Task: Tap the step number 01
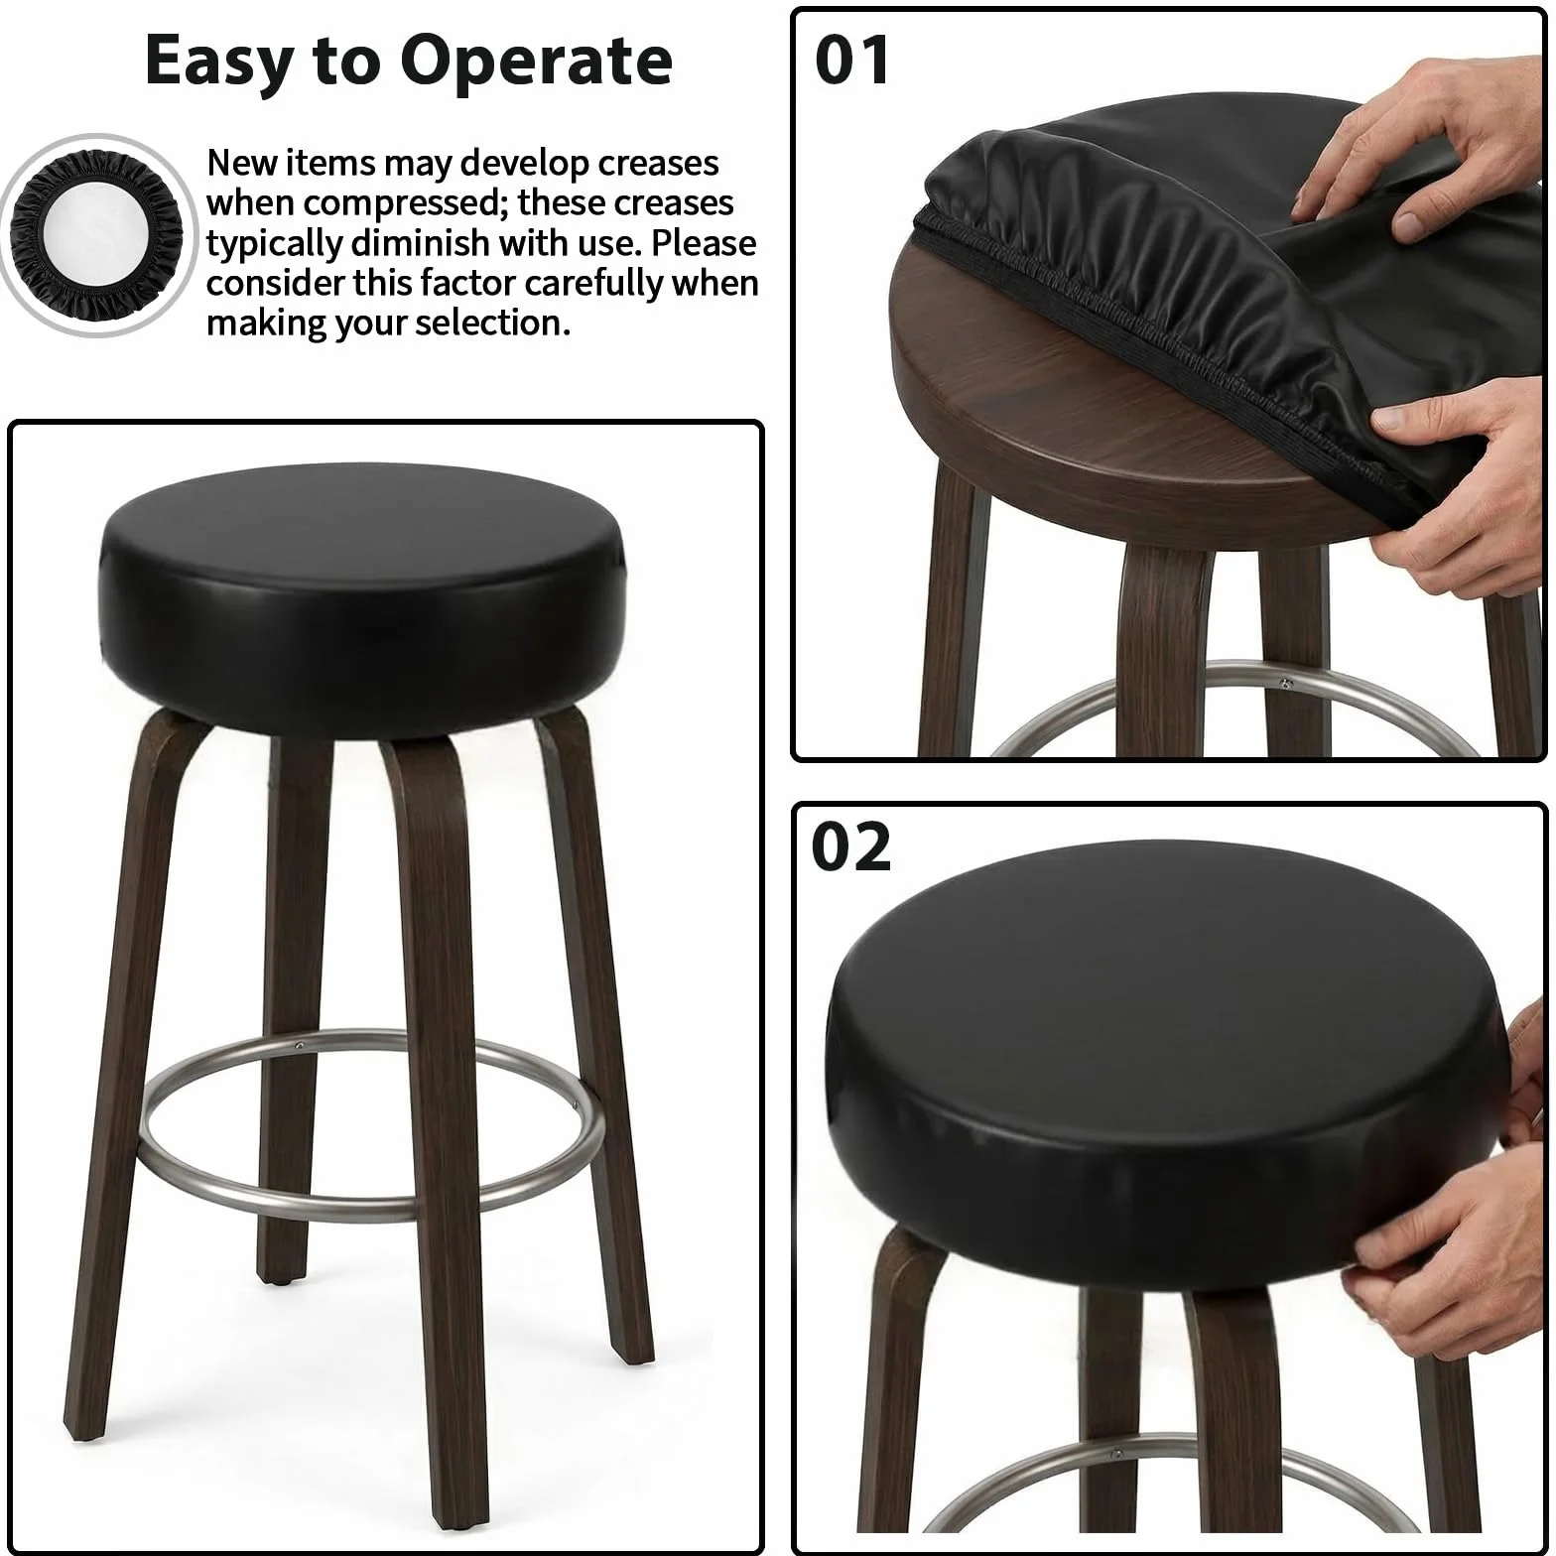852,61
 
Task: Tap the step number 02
851,847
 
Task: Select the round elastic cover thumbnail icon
96,235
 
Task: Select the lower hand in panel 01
1469,486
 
